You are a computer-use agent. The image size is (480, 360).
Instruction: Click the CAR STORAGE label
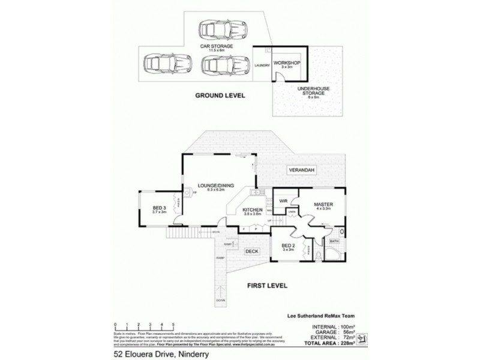tap(217, 45)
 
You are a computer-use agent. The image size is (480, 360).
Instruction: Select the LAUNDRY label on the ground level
tap(262, 65)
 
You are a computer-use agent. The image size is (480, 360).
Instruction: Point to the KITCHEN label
tap(254, 209)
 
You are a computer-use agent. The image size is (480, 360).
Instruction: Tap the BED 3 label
tap(159, 208)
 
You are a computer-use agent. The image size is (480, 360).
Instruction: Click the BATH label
tap(334, 242)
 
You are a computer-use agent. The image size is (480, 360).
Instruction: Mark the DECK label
tap(252, 252)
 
